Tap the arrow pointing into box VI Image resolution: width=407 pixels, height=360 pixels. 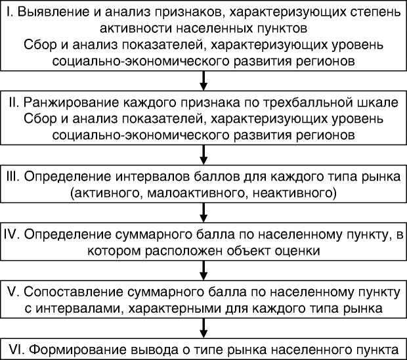[x=203, y=328]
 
